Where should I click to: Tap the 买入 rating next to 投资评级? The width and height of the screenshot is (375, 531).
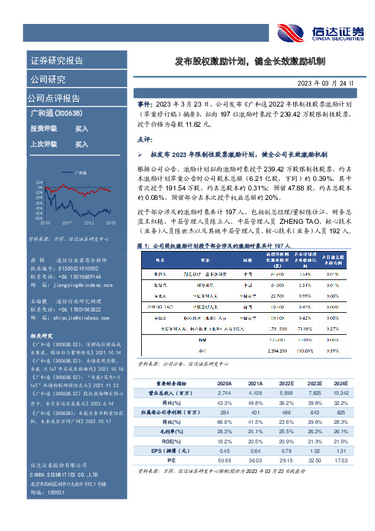81,128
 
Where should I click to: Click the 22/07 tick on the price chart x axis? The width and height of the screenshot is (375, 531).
67,222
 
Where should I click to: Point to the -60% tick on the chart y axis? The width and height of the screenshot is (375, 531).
40,218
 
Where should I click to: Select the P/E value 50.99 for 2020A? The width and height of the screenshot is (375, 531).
224,462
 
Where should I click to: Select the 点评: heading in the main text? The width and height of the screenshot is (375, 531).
146,138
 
